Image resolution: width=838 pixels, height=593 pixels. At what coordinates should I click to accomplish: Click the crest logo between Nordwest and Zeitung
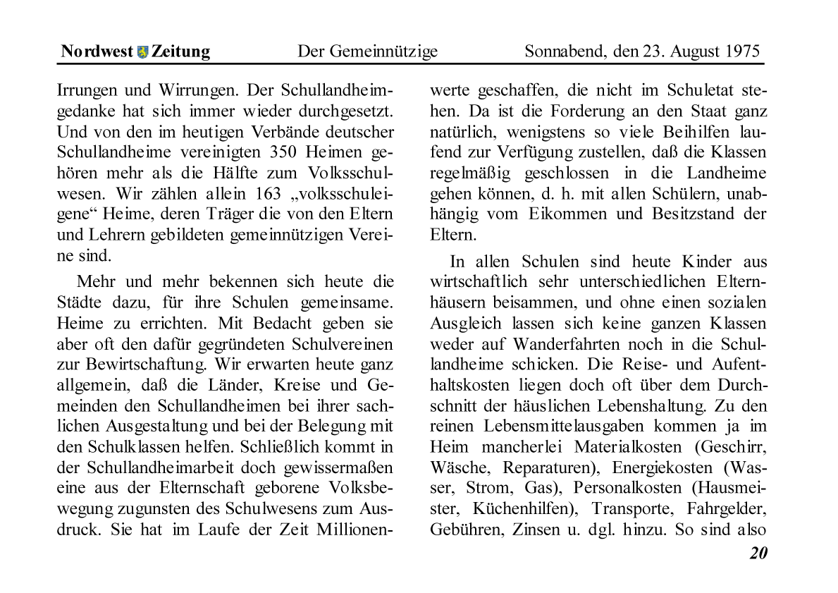[143, 51]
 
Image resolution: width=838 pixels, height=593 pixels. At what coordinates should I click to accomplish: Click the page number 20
[758, 553]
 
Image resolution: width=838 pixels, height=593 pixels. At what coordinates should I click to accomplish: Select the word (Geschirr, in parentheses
[728, 447]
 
